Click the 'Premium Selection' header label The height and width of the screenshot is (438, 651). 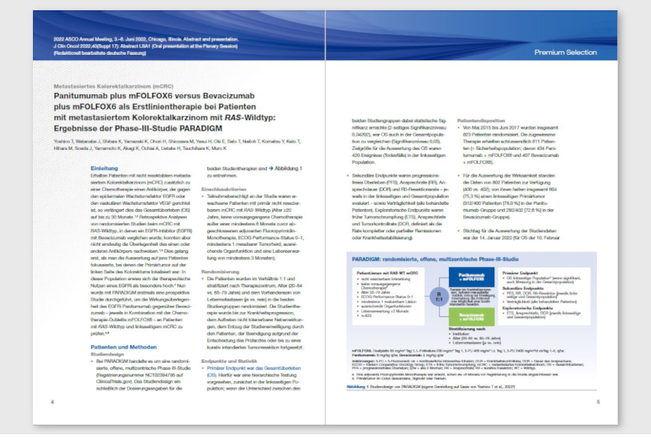click(x=565, y=53)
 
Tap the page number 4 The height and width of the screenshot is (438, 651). click(x=53, y=401)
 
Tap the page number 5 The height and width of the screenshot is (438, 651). click(x=598, y=401)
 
